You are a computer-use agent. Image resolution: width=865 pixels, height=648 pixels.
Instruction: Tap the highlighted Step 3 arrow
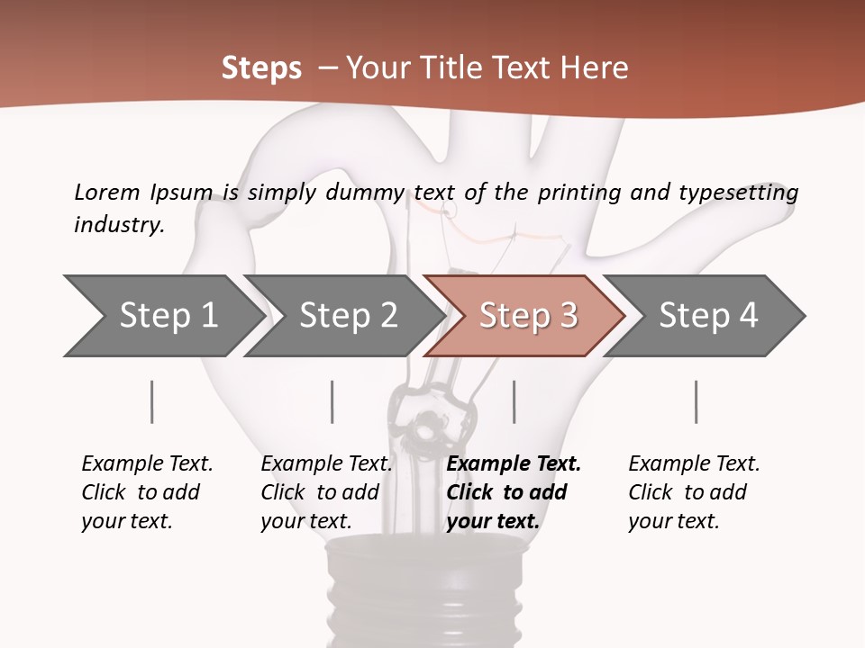(526, 316)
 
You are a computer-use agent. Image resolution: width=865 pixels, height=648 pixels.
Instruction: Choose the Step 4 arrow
(706, 316)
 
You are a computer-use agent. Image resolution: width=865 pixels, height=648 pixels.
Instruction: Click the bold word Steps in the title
(261, 67)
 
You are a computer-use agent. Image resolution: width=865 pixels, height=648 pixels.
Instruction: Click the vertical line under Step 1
(152, 401)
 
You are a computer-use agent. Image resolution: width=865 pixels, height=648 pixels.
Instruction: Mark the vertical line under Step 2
(332, 401)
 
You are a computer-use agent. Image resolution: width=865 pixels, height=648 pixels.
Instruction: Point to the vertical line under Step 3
(514, 401)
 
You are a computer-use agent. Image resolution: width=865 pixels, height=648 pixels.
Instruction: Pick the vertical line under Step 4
(697, 401)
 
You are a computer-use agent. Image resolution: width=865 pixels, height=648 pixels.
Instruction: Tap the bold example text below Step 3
(513, 492)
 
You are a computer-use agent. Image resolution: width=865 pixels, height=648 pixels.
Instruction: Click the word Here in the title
(595, 67)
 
